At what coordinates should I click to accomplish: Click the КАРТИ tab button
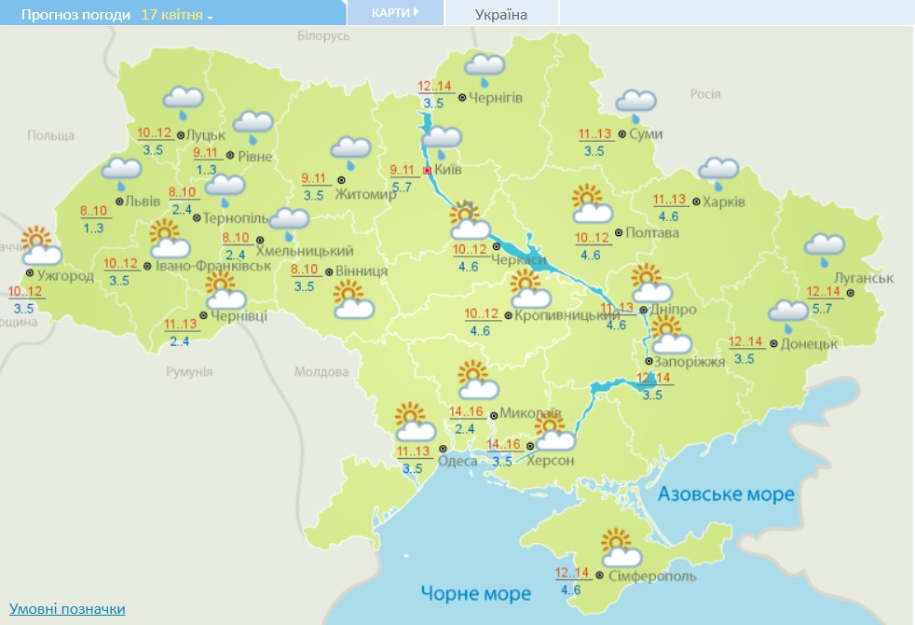[x=394, y=13]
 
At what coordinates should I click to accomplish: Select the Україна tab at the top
[x=500, y=15]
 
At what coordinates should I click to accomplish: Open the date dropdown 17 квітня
[x=177, y=16]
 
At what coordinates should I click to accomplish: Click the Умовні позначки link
[x=67, y=609]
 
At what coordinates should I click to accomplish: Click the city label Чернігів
[x=496, y=98]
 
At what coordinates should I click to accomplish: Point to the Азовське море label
[x=726, y=493]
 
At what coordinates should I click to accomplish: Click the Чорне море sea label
[x=475, y=592]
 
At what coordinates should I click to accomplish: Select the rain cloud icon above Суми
[x=635, y=104]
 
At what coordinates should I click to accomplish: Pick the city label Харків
[x=725, y=201]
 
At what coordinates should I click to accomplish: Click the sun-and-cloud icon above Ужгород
[x=41, y=245]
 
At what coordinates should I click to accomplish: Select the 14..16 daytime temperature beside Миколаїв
[x=466, y=411]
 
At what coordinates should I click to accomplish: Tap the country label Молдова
[x=321, y=371]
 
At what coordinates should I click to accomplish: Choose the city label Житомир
[x=371, y=194]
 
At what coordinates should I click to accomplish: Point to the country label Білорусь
[x=323, y=35]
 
